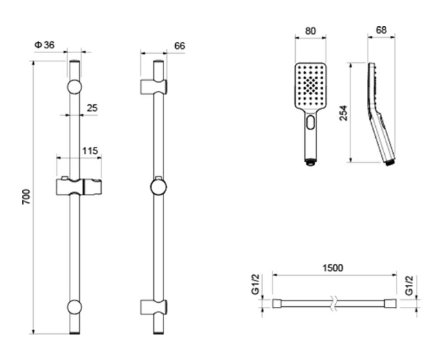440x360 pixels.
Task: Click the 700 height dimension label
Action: pos(26,197)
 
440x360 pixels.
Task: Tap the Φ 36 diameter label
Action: pos(44,45)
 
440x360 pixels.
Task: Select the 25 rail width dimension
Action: pos(92,108)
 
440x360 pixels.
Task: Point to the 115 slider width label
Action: pos(90,151)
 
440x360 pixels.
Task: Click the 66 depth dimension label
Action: pos(179,46)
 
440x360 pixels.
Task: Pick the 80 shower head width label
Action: pos(310,31)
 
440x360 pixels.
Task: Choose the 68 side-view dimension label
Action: pos(381,30)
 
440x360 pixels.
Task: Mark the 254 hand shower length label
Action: pos(343,113)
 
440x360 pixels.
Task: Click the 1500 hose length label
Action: pos(333,268)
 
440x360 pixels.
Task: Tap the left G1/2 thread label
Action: pos(255,285)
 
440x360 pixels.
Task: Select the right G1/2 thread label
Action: pos(410,286)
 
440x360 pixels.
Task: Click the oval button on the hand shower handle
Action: pos(310,122)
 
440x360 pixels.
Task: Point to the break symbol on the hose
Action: pos(334,303)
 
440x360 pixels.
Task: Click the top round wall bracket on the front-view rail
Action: pos(74,87)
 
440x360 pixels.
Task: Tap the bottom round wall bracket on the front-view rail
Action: pos(74,307)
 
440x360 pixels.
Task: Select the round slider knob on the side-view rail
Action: pos(159,188)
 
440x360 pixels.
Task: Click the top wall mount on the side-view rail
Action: pos(154,87)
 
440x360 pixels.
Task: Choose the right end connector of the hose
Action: pos(391,303)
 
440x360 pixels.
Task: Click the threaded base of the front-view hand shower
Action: pos(310,162)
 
